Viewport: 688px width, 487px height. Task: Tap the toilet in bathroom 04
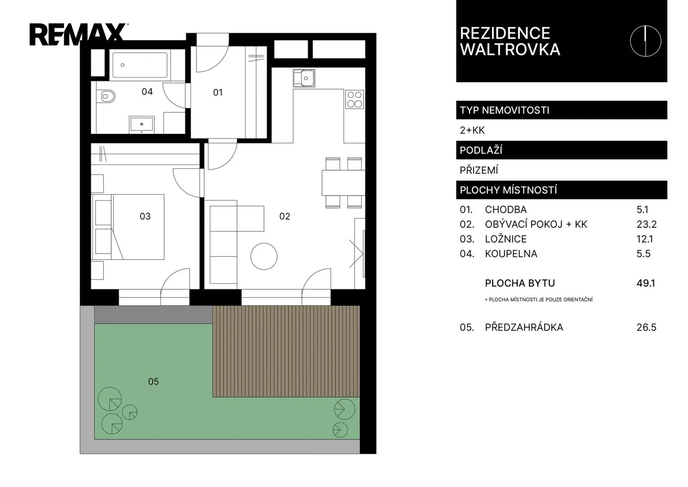click(x=106, y=96)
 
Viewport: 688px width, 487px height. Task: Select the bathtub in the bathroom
click(x=140, y=65)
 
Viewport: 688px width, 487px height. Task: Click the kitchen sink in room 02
click(x=304, y=78)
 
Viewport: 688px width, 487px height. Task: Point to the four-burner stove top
click(x=355, y=99)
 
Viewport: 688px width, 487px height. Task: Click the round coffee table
click(x=264, y=257)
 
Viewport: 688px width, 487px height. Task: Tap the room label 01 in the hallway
click(x=218, y=92)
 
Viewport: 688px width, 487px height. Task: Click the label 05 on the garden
click(x=153, y=381)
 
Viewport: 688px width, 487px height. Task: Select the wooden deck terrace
click(x=286, y=351)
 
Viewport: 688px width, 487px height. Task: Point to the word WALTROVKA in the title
click(x=510, y=50)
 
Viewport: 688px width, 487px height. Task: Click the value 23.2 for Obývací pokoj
click(x=647, y=225)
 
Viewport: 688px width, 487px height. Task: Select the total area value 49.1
click(x=646, y=283)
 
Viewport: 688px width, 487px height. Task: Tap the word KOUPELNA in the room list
click(x=511, y=253)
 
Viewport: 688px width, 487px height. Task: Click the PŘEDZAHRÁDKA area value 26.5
click(x=646, y=327)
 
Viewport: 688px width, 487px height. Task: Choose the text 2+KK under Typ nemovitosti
click(x=472, y=130)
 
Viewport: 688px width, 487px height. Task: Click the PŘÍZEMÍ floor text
click(x=479, y=170)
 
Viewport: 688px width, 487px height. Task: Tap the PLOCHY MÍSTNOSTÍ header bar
click(x=561, y=190)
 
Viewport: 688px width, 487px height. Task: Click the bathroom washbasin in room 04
click(x=141, y=124)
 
